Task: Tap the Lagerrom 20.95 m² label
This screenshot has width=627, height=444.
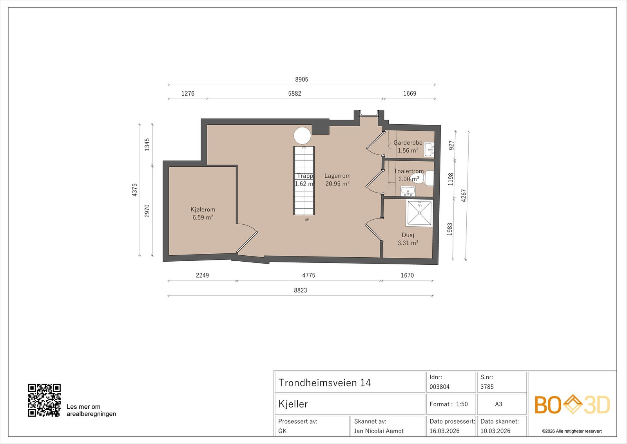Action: pyautogui.click(x=337, y=180)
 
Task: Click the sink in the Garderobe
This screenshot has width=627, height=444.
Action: pyautogui.click(x=429, y=149)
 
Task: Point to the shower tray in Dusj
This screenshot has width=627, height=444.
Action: pyautogui.click(x=419, y=213)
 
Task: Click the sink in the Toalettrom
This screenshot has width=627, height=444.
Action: pyautogui.click(x=408, y=191)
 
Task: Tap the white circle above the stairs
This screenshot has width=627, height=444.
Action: pyautogui.click(x=302, y=135)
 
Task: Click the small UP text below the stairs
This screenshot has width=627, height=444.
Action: pyautogui.click(x=307, y=220)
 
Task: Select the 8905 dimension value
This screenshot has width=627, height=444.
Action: pyautogui.click(x=301, y=79)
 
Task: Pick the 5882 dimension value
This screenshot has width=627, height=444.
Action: pyautogui.click(x=295, y=93)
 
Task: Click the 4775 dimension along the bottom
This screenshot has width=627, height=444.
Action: pyautogui.click(x=308, y=275)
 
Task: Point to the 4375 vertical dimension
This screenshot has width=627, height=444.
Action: pyautogui.click(x=135, y=190)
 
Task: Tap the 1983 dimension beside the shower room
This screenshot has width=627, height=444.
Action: pyautogui.click(x=449, y=229)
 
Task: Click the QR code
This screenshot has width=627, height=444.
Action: pyautogui.click(x=44, y=400)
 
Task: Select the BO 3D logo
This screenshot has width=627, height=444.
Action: pyautogui.click(x=572, y=404)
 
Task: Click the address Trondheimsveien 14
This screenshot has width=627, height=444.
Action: pyautogui.click(x=324, y=383)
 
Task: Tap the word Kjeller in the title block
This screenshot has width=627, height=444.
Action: pyautogui.click(x=293, y=404)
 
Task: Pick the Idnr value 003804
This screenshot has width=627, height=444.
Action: pyautogui.click(x=439, y=387)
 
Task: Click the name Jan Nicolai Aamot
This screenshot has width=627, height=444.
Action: pyautogui.click(x=379, y=431)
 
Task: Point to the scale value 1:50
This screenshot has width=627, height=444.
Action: pyautogui.click(x=462, y=404)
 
